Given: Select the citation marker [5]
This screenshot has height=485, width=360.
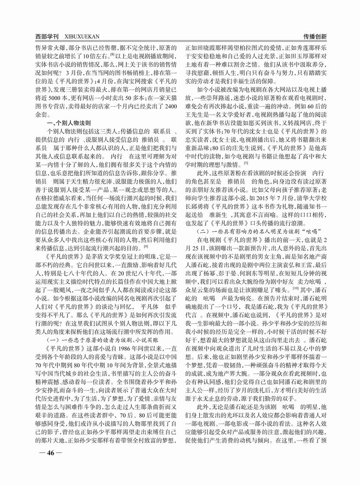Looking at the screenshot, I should coord(245,163).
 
